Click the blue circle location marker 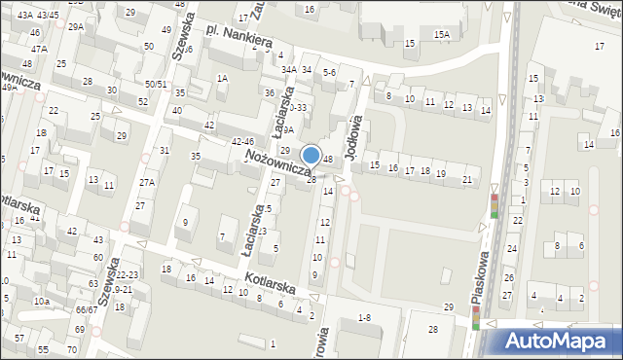[x=311, y=155]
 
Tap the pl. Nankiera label [x=239, y=39]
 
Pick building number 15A [x=442, y=35]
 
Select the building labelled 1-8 [x=364, y=318]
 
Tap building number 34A [x=289, y=69]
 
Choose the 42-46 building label [x=242, y=142]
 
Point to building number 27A [x=147, y=183]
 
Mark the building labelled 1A [x=222, y=78]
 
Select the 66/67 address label [x=87, y=308]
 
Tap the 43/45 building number [x=48, y=15]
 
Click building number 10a [x=41, y=302]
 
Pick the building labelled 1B [x=41, y=132]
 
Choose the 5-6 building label [x=329, y=72]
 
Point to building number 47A [x=38, y=49]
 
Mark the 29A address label [x=76, y=27]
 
